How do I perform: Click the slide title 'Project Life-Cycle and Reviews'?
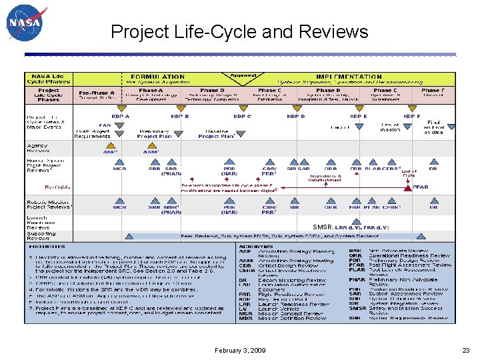click(239, 31)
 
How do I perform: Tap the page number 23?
click(465, 350)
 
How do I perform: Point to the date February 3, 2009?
click(240, 350)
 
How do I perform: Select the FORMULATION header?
click(157, 77)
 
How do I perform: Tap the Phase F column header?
click(431, 90)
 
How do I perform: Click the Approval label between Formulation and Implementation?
click(242, 75)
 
